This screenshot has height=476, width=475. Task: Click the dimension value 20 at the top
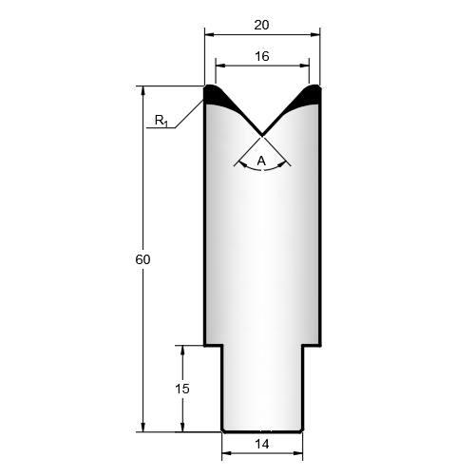261,25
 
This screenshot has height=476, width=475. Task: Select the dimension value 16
262,56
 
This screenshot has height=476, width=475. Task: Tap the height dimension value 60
142,259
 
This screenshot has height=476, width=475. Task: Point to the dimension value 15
182,389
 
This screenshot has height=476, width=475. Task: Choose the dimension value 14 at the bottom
262,445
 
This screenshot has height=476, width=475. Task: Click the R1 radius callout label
161,121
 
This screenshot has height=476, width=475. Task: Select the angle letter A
261,162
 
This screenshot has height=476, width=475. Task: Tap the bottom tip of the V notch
262,134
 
